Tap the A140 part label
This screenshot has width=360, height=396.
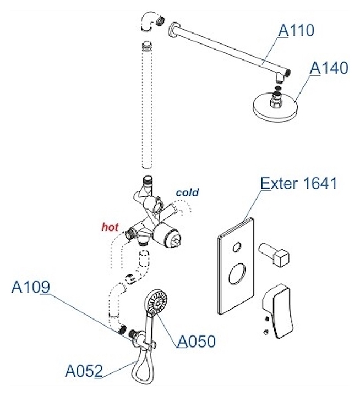[x=329, y=68]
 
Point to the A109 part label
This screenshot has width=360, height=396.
[x=31, y=287]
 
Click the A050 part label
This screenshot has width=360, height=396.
[x=196, y=341]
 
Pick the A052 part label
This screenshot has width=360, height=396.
[x=84, y=371]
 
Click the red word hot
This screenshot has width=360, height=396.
[x=110, y=226]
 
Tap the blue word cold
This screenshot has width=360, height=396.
[x=187, y=193]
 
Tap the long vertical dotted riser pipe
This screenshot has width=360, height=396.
[x=146, y=105]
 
